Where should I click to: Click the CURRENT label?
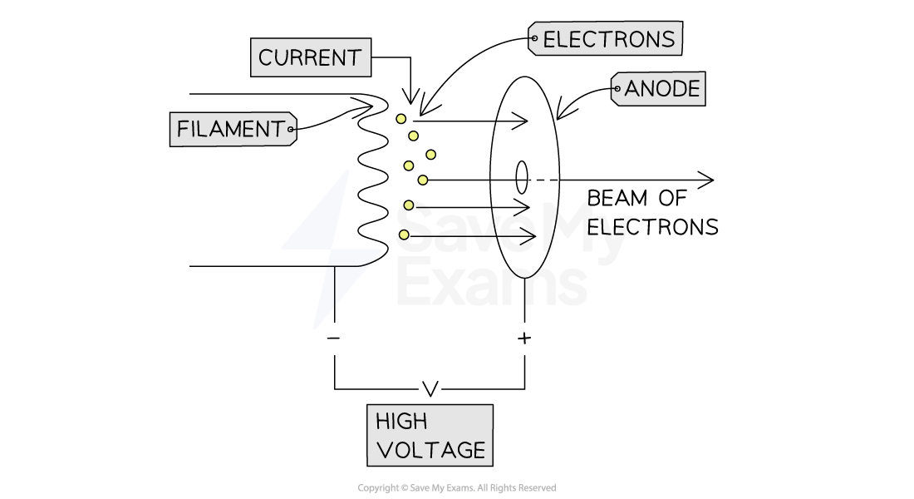coord(310,58)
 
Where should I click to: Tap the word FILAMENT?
coord(230,130)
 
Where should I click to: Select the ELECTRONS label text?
coord(608,39)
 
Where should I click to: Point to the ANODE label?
coord(662,89)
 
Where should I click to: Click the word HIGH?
coord(400,421)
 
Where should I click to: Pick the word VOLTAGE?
coord(430,451)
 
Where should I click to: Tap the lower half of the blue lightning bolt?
coord(342,287)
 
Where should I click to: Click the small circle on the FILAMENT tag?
coord(291,130)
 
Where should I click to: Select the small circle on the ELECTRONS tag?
coord(533,38)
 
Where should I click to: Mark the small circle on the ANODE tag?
coord(616,88)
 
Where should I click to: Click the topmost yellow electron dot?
coord(400,119)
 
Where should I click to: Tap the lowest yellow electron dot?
coord(404,235)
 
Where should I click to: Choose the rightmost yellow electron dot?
coord(430,154)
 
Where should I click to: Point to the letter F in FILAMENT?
coord(183,130)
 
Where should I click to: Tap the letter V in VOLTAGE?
coord(384,451)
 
